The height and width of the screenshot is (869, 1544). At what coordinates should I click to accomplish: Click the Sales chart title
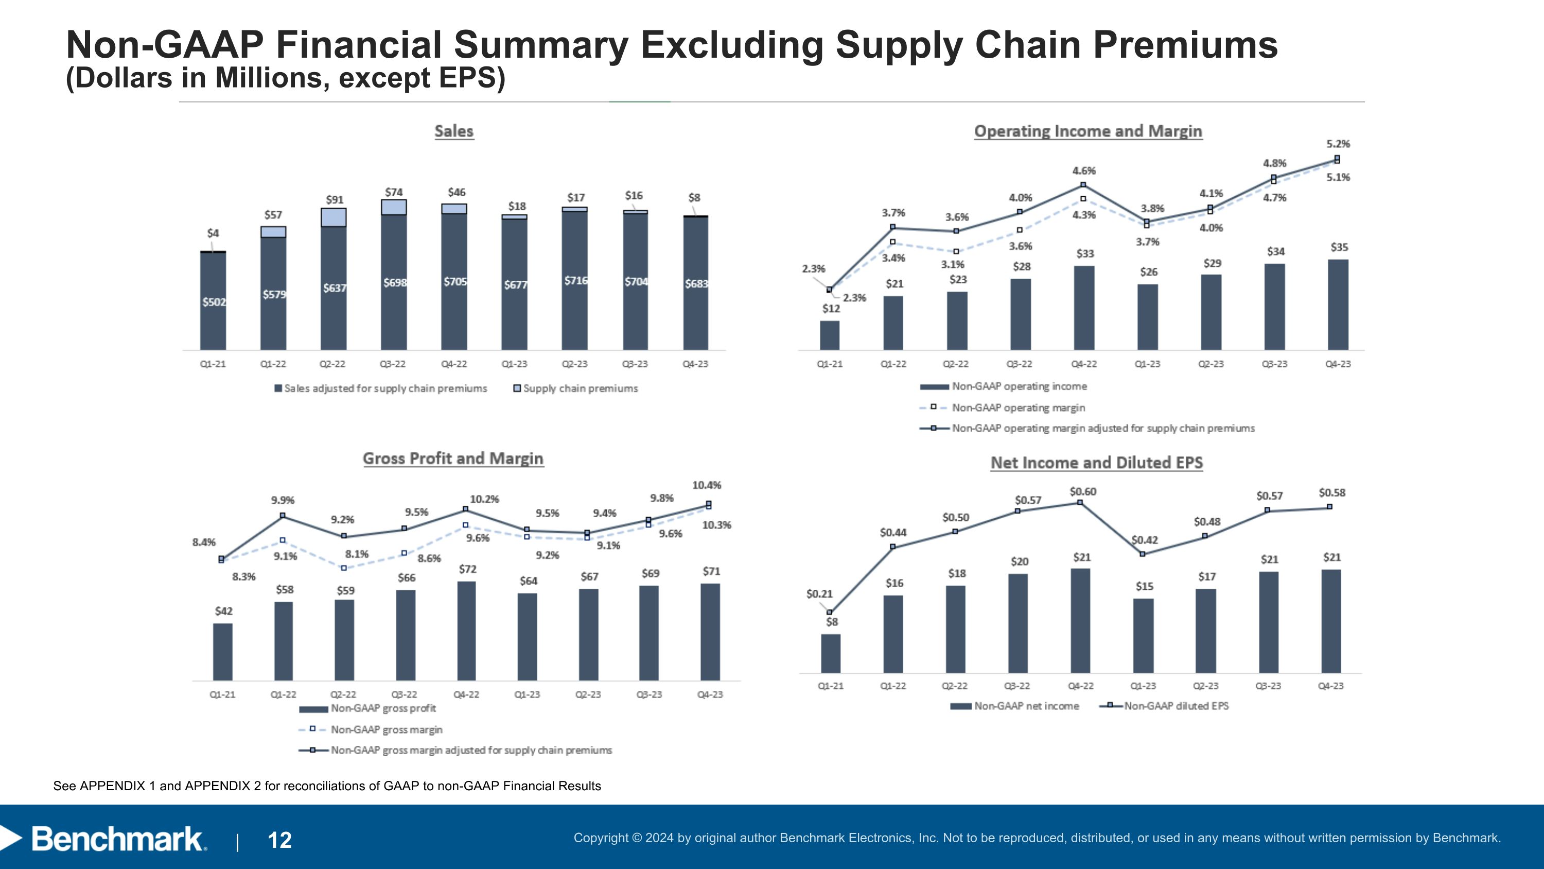pos(454,131)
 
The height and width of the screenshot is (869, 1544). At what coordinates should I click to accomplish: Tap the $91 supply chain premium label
pos(335,200)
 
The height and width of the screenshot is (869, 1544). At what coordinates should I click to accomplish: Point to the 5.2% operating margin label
pos(1338,144)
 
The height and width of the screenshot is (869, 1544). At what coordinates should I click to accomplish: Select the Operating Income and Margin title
pos(1088,131)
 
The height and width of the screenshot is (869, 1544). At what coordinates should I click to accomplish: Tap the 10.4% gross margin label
pos(707,485)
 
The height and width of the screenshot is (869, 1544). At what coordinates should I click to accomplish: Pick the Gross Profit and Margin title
pos(453,459)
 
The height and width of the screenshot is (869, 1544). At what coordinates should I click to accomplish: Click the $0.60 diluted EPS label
pos(1082,492)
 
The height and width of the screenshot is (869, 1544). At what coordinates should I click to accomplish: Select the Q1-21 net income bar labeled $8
pos(831,654)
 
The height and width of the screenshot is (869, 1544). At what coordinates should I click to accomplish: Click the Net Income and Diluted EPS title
pos(1096,463)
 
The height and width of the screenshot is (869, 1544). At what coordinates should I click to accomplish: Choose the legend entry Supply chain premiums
pos(580,388)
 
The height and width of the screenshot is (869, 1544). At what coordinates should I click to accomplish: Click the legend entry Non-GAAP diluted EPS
pos(1175,706)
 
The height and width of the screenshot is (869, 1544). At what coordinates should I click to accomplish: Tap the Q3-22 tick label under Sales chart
pos(393,364)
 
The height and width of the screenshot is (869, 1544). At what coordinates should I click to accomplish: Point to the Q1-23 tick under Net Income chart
pos(1143,686)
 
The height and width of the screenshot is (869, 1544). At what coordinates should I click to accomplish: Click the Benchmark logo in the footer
pos(117,839)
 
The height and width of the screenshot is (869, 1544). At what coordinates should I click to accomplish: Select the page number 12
pos(279,840)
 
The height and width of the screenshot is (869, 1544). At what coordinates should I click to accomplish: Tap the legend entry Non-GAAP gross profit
pos(382,709)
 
